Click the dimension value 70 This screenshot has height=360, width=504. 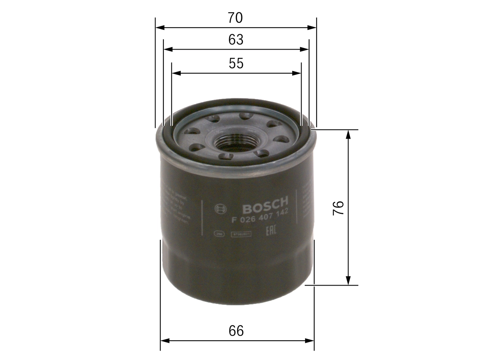(x=235, y=18)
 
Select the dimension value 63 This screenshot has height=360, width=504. (x=235, y=40)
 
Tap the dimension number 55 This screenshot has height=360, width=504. (x=236, y=63)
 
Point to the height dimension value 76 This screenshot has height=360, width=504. (x=338, y=208)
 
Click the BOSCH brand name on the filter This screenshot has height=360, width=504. (x=265, y=204)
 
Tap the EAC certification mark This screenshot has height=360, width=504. (x=271, y=230)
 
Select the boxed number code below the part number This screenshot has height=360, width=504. (x=241, y=234)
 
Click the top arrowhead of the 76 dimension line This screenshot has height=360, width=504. (x=348, y=134)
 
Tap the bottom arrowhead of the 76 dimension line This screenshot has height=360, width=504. (x=348, y=280)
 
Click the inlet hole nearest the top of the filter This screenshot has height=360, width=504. (x=246, y=115)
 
